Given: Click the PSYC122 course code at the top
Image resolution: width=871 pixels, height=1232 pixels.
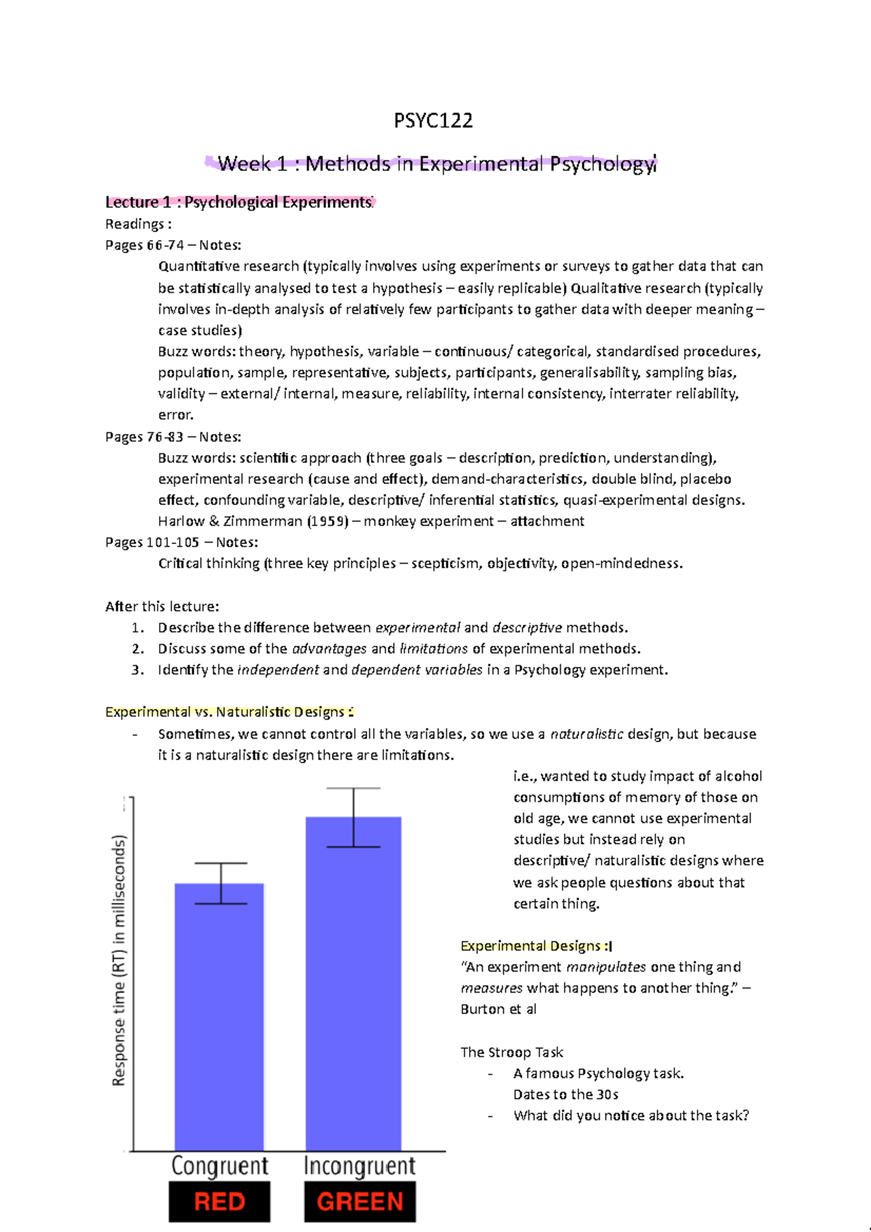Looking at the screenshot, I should pos(433,120).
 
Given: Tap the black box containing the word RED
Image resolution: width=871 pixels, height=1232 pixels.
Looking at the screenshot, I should pos(219,1202).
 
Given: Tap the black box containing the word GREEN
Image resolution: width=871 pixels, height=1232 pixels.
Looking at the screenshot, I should pos(360,1202).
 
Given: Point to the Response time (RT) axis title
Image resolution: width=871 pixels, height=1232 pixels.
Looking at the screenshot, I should pos(119,961).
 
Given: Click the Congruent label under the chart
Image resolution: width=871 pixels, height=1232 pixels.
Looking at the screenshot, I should pos(220,1166).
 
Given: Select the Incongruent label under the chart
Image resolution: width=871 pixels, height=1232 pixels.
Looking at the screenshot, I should pos(360,1166).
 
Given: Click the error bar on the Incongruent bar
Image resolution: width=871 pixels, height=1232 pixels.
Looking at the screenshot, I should pos(353,817).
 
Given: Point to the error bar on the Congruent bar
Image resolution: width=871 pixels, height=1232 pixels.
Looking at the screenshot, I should pos(221,883).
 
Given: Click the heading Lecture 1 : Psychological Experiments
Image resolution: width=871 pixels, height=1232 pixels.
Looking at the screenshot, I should pos(239,202).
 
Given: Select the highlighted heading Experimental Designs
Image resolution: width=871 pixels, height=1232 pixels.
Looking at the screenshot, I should pos(536,945).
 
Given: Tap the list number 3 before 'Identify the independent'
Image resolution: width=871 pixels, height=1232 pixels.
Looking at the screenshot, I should pos(138,670).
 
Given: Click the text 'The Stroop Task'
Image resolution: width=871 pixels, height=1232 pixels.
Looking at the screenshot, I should pos(512,1052).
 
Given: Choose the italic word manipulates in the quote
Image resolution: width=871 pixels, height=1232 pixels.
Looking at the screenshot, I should pos(605,967).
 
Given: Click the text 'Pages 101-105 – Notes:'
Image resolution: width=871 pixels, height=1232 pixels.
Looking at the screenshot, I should pos(181,542).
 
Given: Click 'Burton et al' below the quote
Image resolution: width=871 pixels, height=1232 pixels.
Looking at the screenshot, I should pos(499,1009).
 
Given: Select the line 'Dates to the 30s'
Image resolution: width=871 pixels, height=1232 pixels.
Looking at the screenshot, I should pos(565,1094).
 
